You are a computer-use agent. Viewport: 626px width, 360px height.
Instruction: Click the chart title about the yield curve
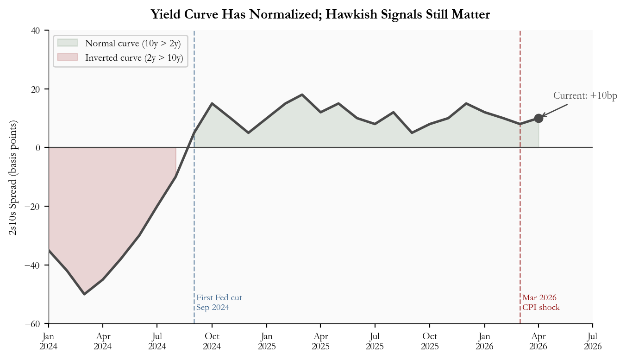point(320,15)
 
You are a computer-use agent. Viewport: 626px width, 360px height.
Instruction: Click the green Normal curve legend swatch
point(68,44)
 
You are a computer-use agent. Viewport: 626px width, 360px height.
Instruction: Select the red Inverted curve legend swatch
point(68,58)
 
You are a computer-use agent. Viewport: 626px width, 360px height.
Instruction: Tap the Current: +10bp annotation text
point(585,96)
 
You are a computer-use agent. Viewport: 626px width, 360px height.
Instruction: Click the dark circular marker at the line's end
point(538,118)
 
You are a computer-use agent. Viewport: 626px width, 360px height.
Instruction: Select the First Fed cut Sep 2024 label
point(219,303)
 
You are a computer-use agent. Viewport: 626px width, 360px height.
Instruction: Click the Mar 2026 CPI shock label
point(541,303)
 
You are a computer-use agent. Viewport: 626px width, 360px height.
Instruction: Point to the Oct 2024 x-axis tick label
point(212,340)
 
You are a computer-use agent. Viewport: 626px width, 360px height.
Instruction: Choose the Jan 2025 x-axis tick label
point(266,340)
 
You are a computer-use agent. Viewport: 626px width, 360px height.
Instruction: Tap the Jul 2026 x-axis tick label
point(593,340)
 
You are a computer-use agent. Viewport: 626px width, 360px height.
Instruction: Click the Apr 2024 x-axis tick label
point(103,340)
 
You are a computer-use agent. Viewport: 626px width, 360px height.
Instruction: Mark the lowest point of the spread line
point(84,294)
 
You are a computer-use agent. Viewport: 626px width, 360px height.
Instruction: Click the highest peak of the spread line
point(302,95)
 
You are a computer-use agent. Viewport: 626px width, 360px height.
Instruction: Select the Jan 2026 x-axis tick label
point(484,340)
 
